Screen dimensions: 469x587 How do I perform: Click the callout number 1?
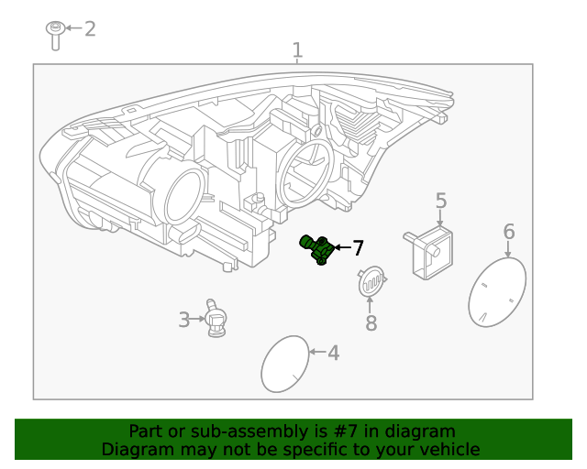click(x=297, y=50)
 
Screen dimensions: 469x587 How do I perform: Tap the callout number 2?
click(x=90, y=29)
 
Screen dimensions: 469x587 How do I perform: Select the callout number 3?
click(x=184, y=320)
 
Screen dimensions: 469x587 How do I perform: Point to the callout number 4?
click(x=333, y=353)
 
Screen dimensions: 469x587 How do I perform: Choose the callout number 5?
click(x=441, y=201)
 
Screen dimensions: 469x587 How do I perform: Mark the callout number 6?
click(x=509, y=232)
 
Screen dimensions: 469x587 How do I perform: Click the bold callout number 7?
click(x=358, y=247)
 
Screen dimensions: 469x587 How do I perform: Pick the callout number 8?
click(x=371, y=322)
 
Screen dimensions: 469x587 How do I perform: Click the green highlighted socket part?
click(x=317, y=248)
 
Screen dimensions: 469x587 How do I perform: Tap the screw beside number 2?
click(x=55, y=35)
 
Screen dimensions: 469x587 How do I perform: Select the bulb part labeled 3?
click(x=216, y=320)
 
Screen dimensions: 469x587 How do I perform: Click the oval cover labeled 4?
click(x=285, y=364)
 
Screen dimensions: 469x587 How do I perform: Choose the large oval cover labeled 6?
click(x=496, y=290)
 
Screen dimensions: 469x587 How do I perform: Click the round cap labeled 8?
click(x=371, y=282)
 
